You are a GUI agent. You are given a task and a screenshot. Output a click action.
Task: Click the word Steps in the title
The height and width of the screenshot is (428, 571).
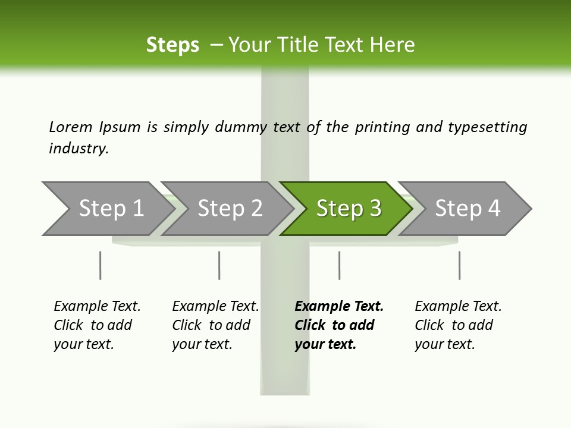pyautogui.click(x=172, y=45)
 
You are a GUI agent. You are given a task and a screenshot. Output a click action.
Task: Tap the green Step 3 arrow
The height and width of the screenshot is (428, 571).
pyautogui.click(x=349, y=208)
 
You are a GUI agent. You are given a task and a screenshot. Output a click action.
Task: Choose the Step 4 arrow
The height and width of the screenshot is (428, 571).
pyautogui.click(x=468, y=208)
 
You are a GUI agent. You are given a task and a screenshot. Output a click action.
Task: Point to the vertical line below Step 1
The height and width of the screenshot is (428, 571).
pyautogui.click(x=101, y=265)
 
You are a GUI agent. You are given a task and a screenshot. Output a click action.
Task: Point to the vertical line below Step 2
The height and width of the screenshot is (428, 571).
pyautogui.click(x=219, y=265)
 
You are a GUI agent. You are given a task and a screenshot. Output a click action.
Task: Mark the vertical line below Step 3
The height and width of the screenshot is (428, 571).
pyautogui.click(x=339, y=265)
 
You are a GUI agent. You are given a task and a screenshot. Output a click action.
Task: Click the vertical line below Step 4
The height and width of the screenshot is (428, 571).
pyautogui.click(x=459, y=265)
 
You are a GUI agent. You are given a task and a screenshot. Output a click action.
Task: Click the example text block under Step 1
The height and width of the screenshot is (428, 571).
pyautogui.click(x=96, y=325)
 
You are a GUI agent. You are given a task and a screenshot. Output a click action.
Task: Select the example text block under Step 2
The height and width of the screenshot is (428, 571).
pyautogui.click(x=215, y=325)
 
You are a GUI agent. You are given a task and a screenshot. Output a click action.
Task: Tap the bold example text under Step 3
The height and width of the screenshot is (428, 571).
pyautogui.click(x=338, y=325)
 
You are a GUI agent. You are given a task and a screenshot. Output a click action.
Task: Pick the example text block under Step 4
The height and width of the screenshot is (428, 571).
pyautogui.click(x=457, y=325)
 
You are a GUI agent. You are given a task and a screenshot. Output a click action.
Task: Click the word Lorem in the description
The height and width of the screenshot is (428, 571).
pyautogui.click(x=71, y=127)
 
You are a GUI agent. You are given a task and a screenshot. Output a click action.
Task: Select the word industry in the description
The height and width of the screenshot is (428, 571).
pyautogui.click(x=78, y=148)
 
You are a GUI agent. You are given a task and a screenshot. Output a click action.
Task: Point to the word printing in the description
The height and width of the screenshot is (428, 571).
pyautogui.click(x=384, y=127)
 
